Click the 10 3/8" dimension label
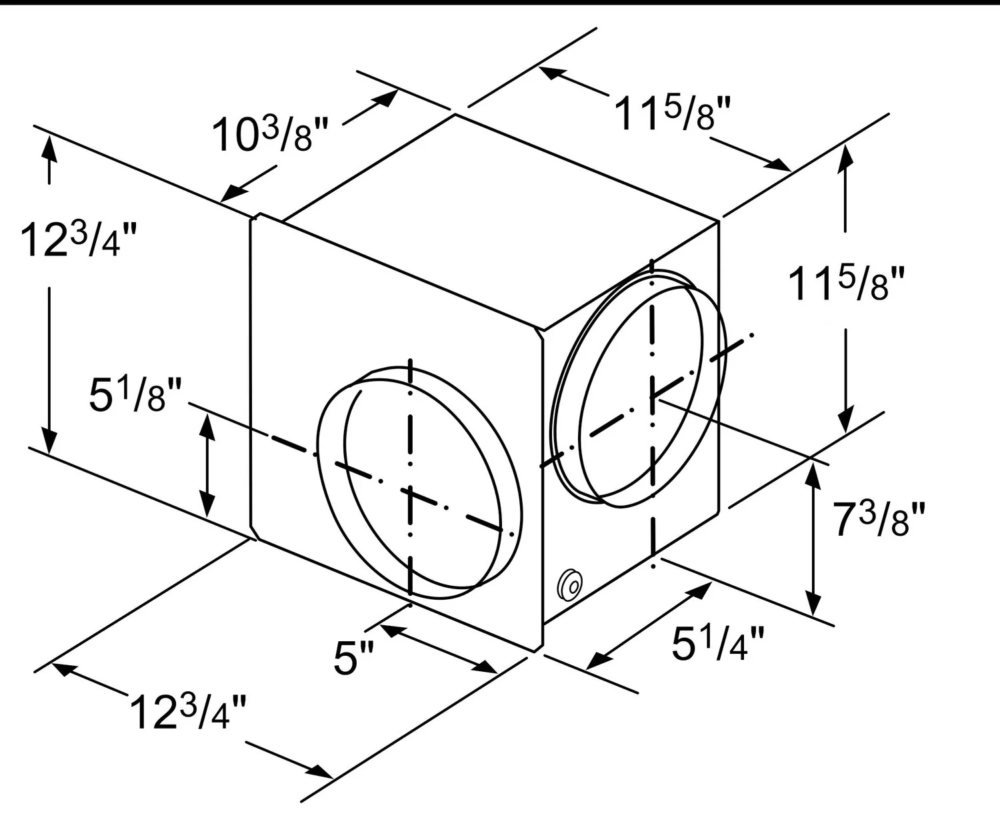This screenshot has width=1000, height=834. (271, 134)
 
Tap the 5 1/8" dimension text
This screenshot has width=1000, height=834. (135, 395)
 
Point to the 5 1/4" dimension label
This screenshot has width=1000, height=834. (717, 644)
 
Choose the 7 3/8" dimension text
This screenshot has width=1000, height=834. (879, 519)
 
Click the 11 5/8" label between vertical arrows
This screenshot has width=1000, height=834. (846, 283)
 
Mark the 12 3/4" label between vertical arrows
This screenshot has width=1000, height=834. (79, 240)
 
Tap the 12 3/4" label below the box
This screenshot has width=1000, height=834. (188, 713)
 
